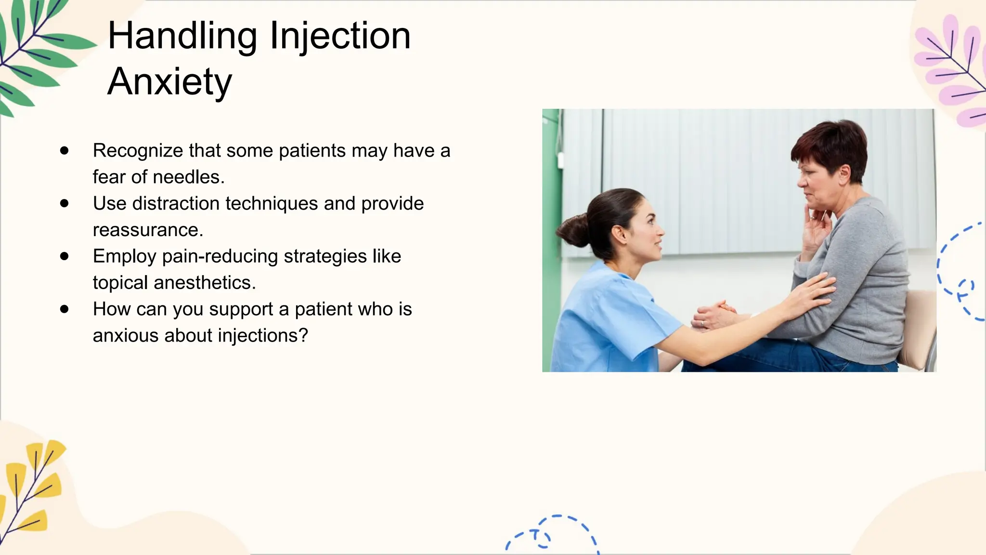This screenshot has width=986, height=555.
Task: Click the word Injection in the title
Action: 340,37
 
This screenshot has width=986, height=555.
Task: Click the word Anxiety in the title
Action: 169,82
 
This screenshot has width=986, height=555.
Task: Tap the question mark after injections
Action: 303,335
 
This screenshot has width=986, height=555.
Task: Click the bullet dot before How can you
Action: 65,309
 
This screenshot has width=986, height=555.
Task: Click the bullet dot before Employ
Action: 65,256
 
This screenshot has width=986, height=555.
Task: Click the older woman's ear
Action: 845,172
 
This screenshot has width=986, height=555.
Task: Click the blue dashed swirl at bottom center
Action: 554,532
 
